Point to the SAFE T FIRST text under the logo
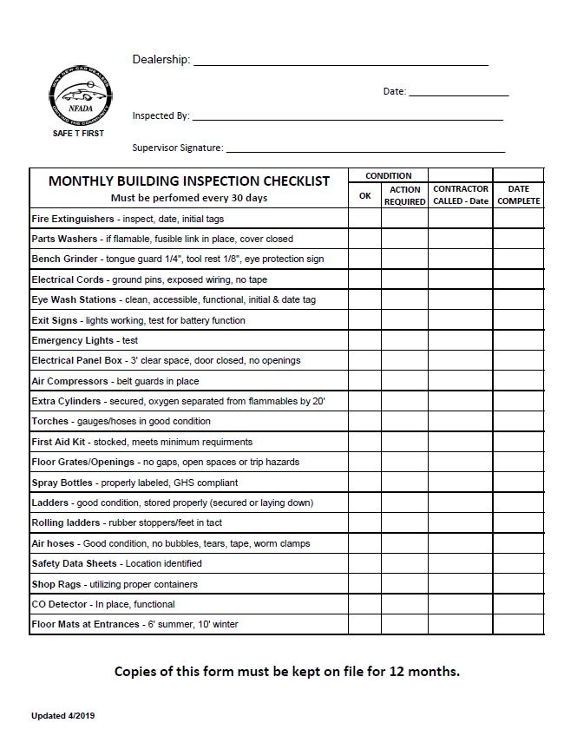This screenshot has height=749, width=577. click(x=78, y=133)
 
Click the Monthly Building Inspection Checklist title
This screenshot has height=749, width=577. click(x=189, y=181)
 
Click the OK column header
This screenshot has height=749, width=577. click(x=364, y=195)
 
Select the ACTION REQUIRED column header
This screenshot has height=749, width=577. click(x=404, y=195)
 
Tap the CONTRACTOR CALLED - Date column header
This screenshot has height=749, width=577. click(x=461, y=195)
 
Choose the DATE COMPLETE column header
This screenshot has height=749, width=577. click(x=518, y=195)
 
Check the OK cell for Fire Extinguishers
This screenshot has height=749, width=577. click(x=364, y=219)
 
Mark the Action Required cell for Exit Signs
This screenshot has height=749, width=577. click(x=404, y=320)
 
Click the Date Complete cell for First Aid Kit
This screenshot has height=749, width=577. click(x=518, y=442)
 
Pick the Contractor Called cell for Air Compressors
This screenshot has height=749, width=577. click(x=461, y=381)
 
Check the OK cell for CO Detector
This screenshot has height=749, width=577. click(x=364, y=604)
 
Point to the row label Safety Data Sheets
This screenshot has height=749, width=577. click(x=74, y=563)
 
